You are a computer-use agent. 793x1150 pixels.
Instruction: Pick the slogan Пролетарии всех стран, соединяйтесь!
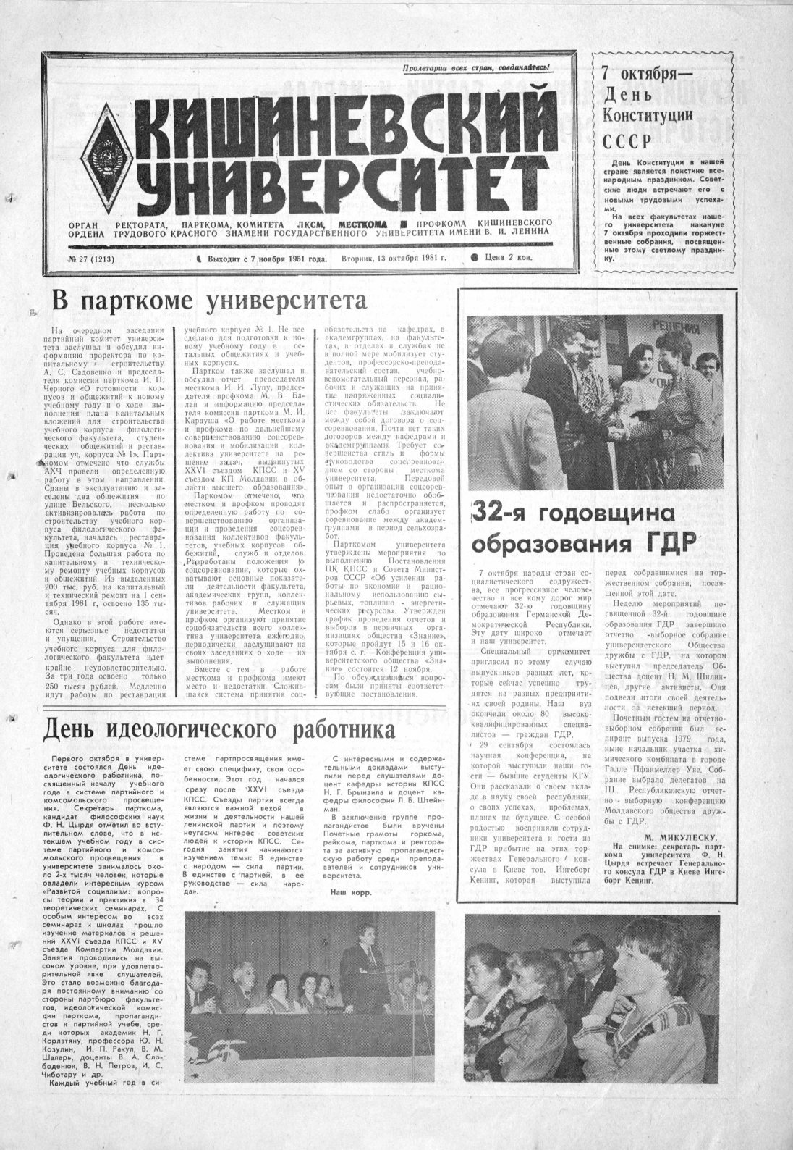(x=478, y=67)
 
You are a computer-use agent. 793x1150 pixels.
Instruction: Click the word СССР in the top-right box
(x=622, y=140)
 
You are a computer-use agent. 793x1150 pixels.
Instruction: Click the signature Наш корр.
(x=347, y=893)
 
